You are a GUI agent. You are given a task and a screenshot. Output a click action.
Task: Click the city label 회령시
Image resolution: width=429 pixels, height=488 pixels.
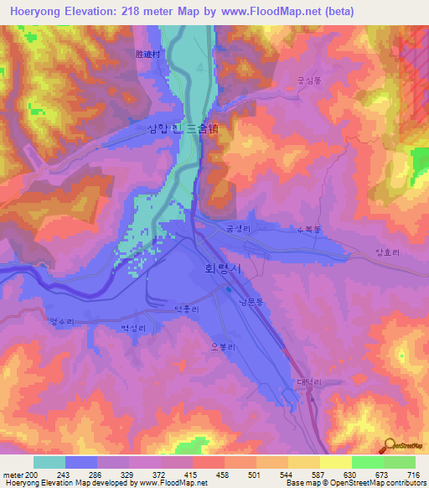click(222, 269)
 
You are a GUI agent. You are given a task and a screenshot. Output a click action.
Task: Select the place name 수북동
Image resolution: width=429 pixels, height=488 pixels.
click(309, 229)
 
